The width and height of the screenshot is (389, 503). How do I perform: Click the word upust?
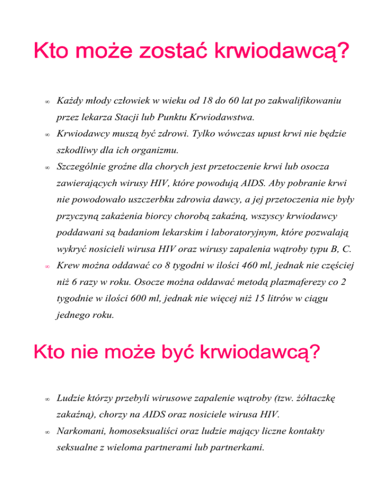tap(264, 134)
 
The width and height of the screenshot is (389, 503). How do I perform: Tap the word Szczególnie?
tap(84, 166)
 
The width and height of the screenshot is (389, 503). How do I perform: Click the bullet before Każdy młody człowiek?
tap(46, 102)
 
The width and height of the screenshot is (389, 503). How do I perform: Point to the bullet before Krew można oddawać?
tap(46, 266)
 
